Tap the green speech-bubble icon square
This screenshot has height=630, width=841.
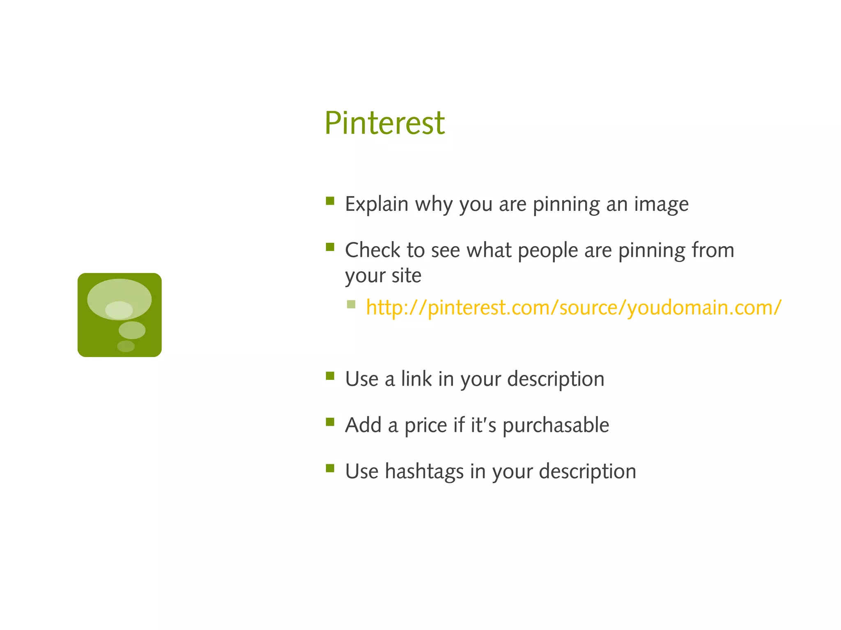[119, 315]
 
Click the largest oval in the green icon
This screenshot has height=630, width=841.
[119, 299]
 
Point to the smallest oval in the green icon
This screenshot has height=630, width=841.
[126, 346]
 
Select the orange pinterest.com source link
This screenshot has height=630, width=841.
[573, 307]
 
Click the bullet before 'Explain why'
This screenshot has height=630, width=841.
[330, 201]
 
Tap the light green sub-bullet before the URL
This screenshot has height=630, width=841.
[351, 304]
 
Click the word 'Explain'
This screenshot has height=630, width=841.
[377, 204]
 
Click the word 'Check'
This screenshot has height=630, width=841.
[372, 250]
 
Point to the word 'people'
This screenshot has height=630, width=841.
[548, 251]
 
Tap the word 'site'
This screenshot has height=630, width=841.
[406, 275]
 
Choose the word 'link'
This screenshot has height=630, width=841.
[416, 379]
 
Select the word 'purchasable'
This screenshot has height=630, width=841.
[556, 425]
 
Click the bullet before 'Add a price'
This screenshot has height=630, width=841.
[330, 422]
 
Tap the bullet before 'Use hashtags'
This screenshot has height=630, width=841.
[330, 468]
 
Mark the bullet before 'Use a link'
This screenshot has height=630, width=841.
[330, 376]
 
